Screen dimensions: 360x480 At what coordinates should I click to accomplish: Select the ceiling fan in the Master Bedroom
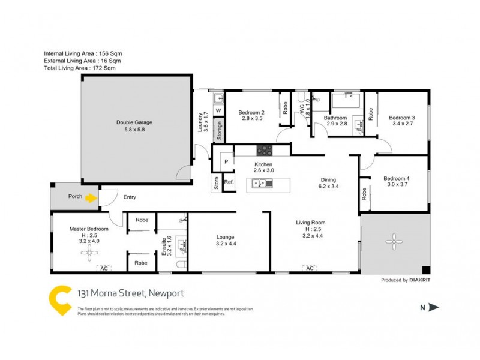click(x=88, y=253)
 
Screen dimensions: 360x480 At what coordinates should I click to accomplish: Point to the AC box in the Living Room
click(x=310, y=268)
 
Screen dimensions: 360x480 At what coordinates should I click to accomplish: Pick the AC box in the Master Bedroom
click(x=103, y=268)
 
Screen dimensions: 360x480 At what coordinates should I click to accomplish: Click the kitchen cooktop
click(x=264, y=150)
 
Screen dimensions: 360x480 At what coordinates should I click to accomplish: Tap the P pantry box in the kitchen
click(x=227, y=162)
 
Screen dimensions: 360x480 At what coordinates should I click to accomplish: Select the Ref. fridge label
click(x=229, y=182)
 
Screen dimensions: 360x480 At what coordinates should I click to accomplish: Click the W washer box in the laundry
click(x=218, y=111)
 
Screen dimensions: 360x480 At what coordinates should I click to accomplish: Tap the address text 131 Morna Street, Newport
click(x=131, y=293)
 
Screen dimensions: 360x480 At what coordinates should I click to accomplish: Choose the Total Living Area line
click(x=80, y=68)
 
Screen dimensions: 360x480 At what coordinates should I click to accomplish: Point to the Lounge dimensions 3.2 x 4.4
click(x=226, y=244)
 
